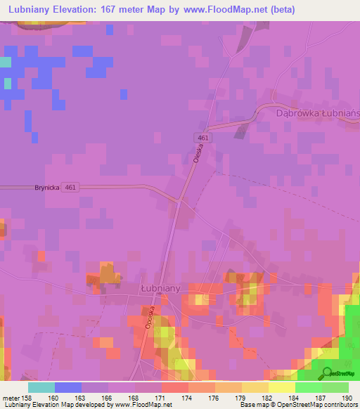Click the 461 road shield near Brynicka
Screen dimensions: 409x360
coord(70,187)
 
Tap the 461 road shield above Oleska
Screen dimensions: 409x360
coord(202,137)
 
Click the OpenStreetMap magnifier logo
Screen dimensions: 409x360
coord(327,372)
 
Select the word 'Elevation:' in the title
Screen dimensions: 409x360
coord(83,10)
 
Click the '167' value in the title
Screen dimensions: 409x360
coord(120,10)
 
